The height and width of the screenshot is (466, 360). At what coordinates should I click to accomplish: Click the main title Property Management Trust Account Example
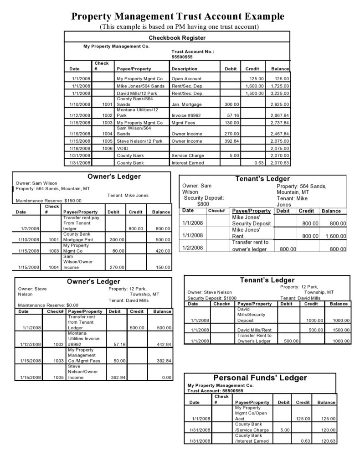(178, 16)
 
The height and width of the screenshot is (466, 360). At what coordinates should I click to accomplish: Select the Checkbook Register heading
(177, 38)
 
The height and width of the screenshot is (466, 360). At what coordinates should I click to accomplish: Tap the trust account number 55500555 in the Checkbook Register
(182, 57)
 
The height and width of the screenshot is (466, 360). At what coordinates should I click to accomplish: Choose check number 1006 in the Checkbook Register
(107, 148)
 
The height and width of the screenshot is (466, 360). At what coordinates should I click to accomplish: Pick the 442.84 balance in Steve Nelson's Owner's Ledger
(162, 344)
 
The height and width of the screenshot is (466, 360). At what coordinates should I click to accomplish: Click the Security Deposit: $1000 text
(212, 298)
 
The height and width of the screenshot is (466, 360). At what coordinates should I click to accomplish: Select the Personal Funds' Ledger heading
(260, 378)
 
